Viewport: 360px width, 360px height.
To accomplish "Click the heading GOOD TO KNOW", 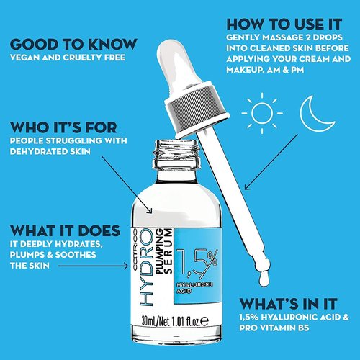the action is (73, 44).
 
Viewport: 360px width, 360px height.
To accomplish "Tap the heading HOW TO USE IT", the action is (284, 24).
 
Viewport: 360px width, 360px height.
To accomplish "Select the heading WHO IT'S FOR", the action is (63, 127).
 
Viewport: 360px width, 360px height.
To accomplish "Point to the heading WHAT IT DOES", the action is (65, 230).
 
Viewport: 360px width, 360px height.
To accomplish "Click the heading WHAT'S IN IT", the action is (288, 304).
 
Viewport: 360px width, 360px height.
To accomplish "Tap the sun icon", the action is (262, 113).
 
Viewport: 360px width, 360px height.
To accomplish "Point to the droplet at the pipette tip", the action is (264, 278).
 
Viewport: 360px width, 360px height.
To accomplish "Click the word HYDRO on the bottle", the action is (146, 267).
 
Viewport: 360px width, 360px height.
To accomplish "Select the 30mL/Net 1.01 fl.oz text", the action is (175, 321).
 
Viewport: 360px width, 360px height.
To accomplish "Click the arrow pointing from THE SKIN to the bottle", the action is (93, 266).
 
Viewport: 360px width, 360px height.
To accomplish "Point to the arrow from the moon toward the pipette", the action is (271, 162).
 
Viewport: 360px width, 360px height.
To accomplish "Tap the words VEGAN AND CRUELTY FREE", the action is (68, 58).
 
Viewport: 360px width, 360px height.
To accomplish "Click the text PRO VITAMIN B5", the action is (274, 328).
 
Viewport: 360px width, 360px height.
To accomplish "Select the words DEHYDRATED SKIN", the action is (50, 152).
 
